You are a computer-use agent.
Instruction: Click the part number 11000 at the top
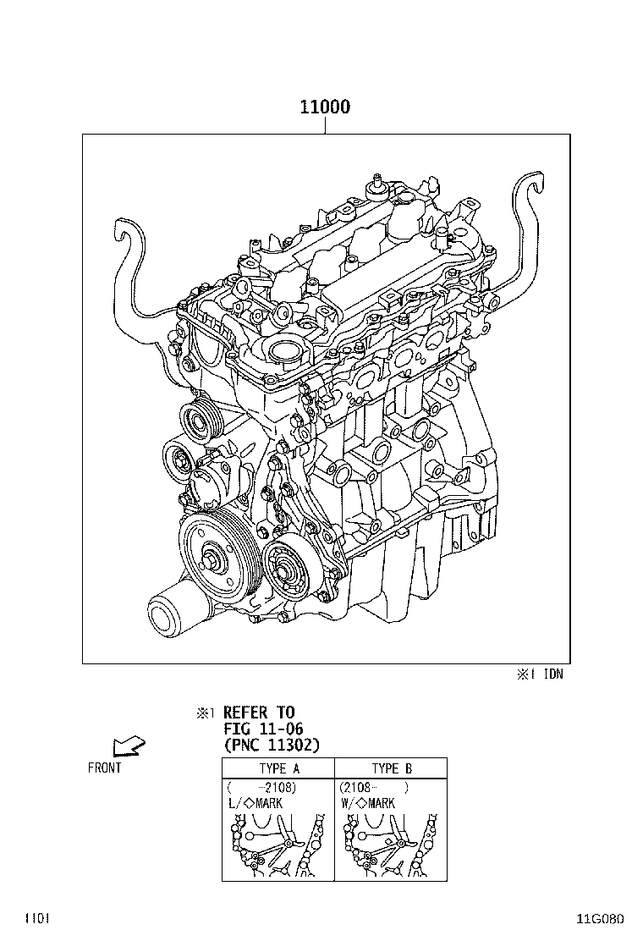click(325, 107)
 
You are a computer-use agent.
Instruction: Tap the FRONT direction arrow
click(129, 746)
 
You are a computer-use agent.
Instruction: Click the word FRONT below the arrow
click(104, 768)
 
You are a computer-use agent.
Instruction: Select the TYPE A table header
click(279, 768)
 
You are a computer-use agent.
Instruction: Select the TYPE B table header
click(392, 768)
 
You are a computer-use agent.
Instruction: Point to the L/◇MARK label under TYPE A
click(256, 803)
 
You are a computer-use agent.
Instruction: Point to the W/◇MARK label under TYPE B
click(368, 803)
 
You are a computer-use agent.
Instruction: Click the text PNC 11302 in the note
click(272, 746)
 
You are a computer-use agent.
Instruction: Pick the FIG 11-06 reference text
click(263, 729)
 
